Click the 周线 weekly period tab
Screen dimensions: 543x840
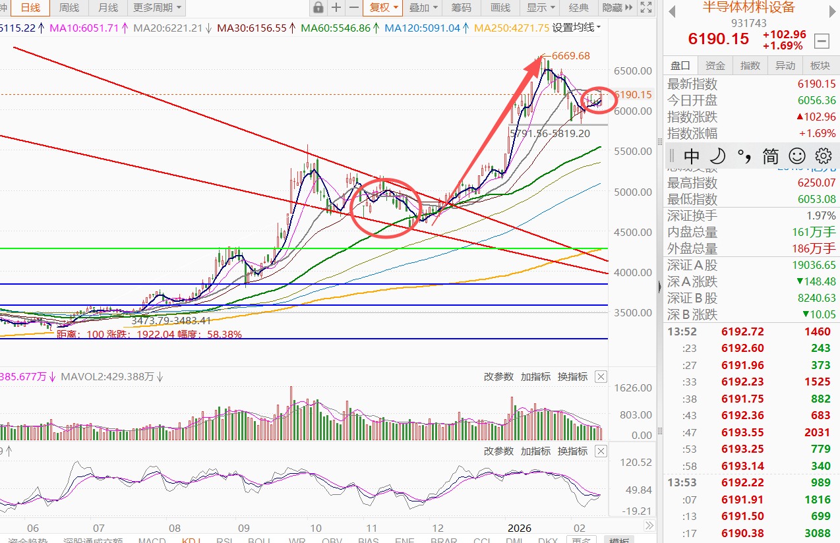click(69, 8)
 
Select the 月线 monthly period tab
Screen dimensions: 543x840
click(107, 8)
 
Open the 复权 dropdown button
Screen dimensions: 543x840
click(384, 8)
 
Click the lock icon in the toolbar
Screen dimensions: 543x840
click(318, 8)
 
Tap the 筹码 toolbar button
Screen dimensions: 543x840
click(462, 8)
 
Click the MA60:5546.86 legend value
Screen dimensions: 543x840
click(336, 28)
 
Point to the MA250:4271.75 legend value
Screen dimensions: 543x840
click(511, 28)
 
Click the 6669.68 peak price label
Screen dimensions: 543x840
click(570, 56)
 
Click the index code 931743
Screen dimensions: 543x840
click(748, 22)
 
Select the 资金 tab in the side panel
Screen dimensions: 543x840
click(715, 65)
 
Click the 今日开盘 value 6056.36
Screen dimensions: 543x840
click(816, 101)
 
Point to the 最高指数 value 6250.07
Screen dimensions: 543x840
click(816, 183)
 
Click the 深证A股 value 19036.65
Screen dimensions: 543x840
click(812, 266)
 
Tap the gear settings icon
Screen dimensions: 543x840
click(823, 156)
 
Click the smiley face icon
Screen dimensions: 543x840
click(797, 156)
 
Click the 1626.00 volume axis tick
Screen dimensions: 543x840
click(632, 387)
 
